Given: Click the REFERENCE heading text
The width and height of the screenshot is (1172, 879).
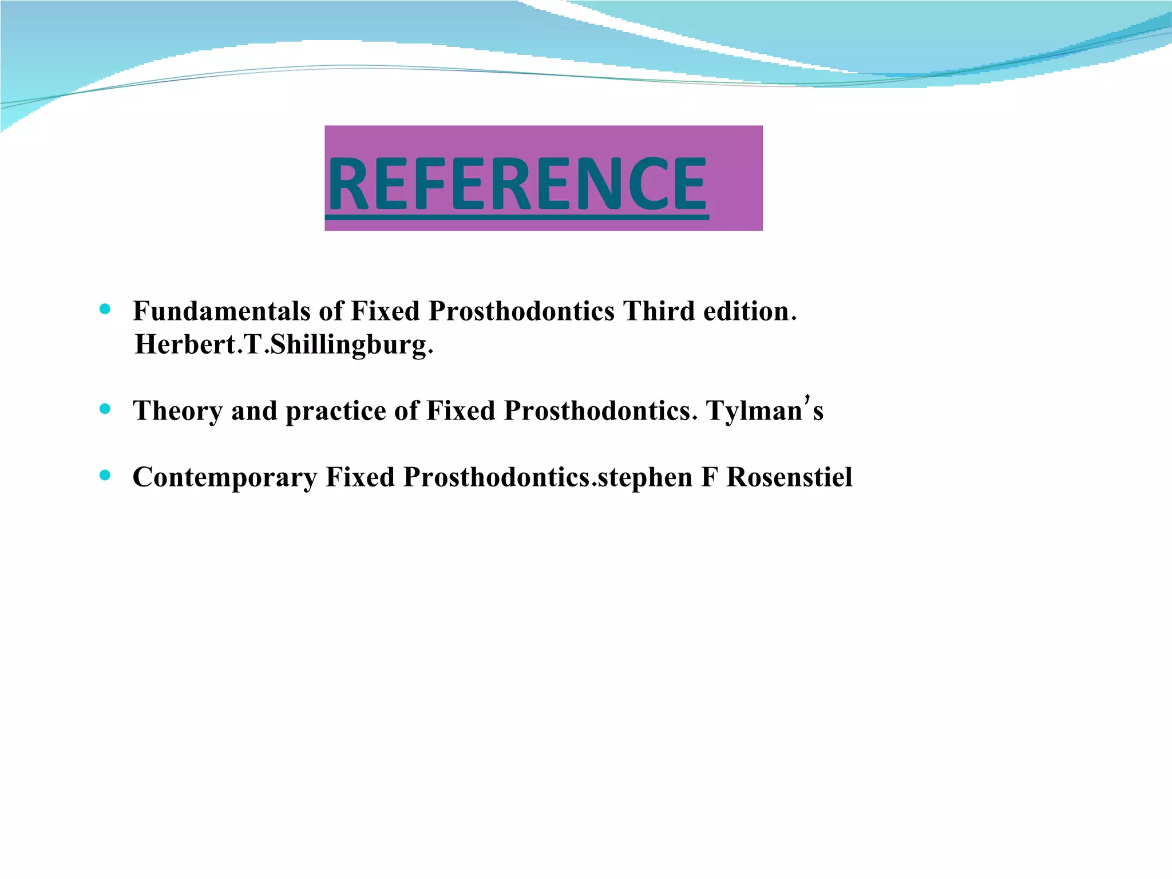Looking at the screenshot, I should click(x=517, y=184).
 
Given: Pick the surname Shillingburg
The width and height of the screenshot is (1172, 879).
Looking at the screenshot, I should click(x=349, y=345).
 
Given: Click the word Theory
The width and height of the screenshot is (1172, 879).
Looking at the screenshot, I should click(x=177, y=411).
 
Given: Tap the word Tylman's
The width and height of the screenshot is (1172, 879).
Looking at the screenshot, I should click(x=764, y=410).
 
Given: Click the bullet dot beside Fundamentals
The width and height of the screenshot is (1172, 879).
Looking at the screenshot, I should click(x=104, y=310).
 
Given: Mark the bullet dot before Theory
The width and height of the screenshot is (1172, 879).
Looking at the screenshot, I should click(x=104, y=409).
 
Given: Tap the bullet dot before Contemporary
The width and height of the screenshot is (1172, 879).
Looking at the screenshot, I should click(x=104, y=475).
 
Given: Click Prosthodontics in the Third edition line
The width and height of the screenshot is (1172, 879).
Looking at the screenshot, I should click(x=521, y=312).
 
